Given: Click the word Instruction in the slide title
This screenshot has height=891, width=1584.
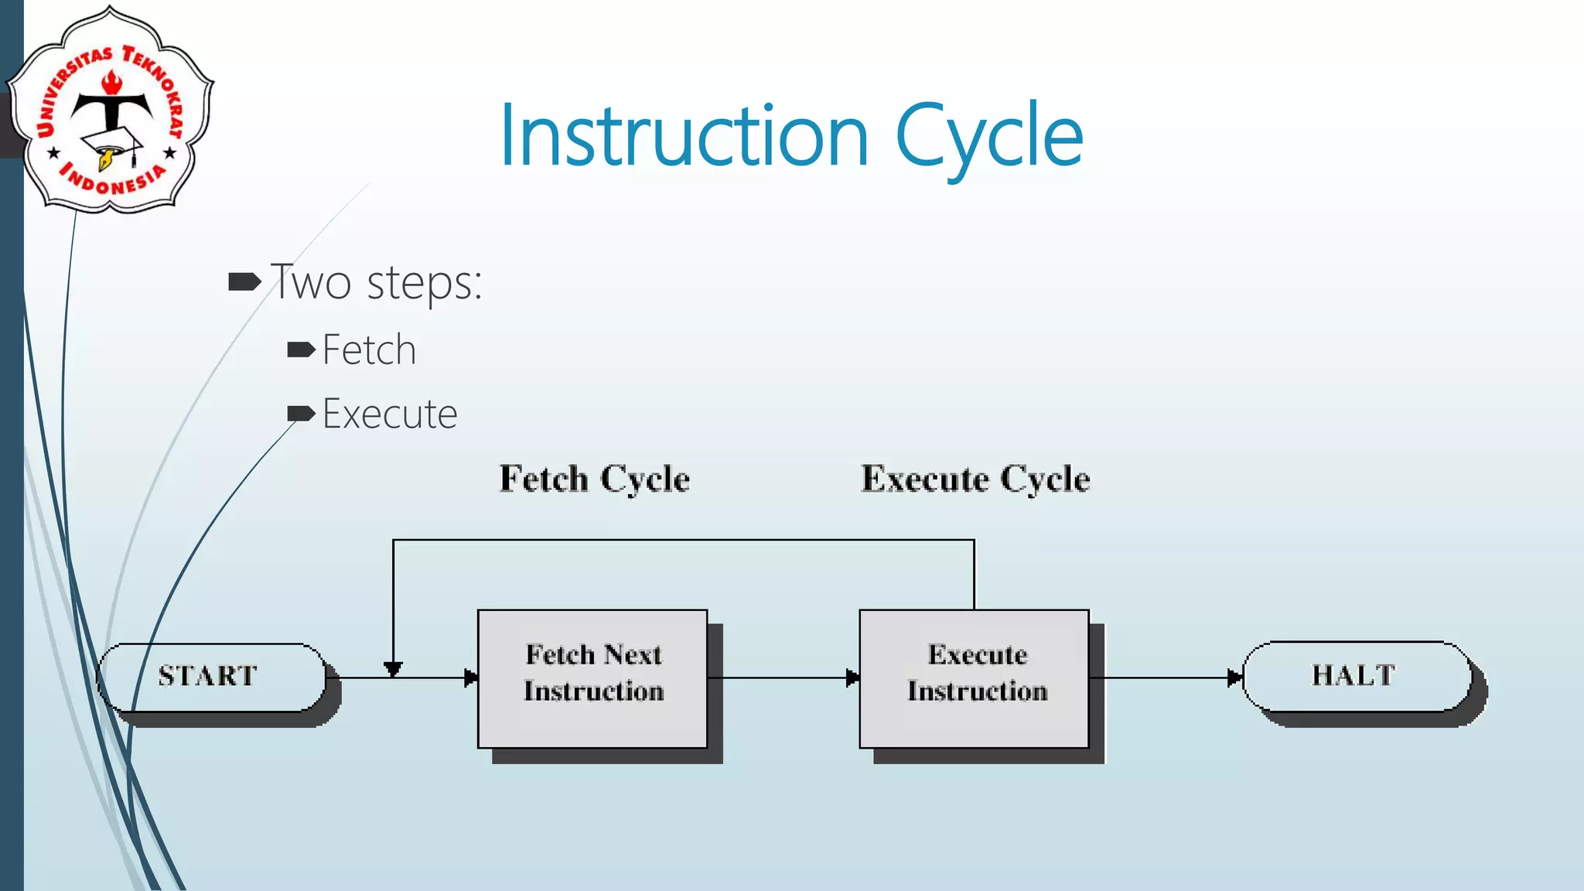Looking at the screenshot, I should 684,137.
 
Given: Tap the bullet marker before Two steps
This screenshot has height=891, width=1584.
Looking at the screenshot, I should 244,282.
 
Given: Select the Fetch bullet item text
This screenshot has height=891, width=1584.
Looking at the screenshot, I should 369,350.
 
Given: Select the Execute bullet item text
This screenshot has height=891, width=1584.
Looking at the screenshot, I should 389,414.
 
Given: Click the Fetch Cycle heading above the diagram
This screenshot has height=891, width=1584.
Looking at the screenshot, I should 594,479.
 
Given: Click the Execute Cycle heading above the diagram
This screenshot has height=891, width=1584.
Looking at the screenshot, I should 975,479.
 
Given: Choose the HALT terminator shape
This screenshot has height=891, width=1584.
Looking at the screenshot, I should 1355,676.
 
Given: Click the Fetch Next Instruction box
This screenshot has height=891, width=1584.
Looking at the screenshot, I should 592,678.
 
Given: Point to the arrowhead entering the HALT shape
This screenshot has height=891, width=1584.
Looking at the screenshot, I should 1234,678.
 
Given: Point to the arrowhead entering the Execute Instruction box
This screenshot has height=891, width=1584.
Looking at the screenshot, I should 852,678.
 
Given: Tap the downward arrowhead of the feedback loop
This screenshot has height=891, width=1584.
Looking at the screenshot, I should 393,669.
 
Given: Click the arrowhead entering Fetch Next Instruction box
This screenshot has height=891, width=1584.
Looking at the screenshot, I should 470,678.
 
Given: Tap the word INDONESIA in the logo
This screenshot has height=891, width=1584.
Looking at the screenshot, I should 113,181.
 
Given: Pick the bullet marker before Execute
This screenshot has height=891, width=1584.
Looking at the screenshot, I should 301,414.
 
